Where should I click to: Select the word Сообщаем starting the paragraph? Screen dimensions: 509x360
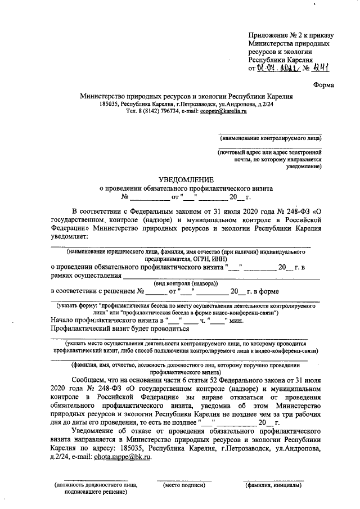coord(93,380)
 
